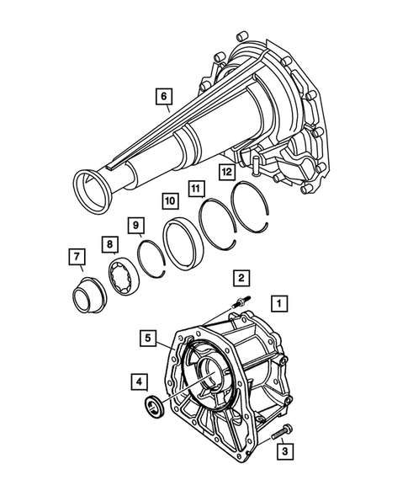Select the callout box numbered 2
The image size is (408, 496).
pyautogui.click(x=241, y=277)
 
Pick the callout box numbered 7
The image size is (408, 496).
pyautogui.click(x=76, y=256)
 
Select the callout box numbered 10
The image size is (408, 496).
pyautogui.click(x=169, y=202)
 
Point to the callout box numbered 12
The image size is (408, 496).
pyautogui.click(x=225, y=173)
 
